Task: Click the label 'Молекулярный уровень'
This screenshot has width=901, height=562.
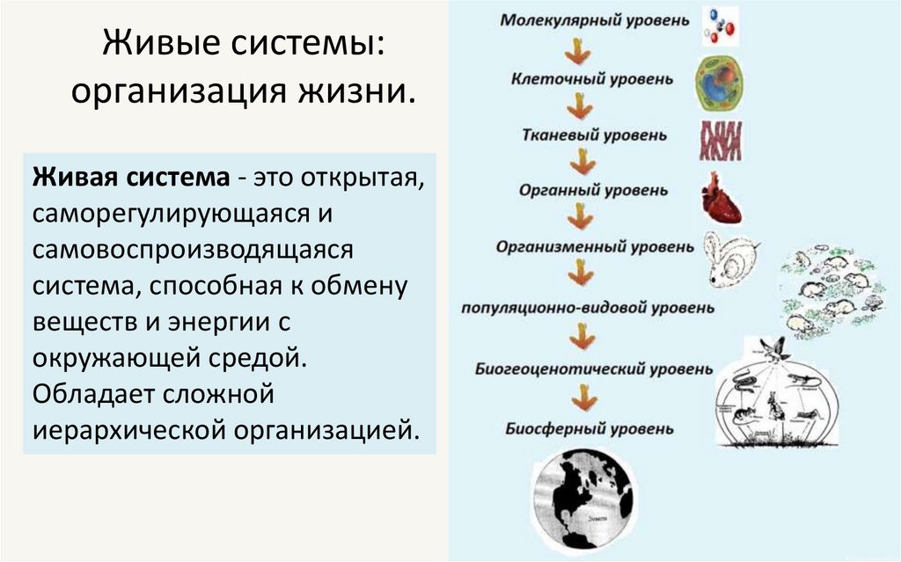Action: [590, 20]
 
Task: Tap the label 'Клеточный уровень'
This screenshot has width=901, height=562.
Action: [592, 79]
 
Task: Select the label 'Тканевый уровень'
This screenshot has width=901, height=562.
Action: [593, 136]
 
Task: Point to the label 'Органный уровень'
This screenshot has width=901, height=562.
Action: [592, 190]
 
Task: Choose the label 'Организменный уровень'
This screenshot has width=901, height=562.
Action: [589, 247]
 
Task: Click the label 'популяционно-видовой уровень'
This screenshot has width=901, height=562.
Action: [588, 309]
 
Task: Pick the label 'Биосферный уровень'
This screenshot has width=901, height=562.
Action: [590, 429]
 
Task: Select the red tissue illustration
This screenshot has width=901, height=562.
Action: [721, 141]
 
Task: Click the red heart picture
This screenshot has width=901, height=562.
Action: [721, 198]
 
